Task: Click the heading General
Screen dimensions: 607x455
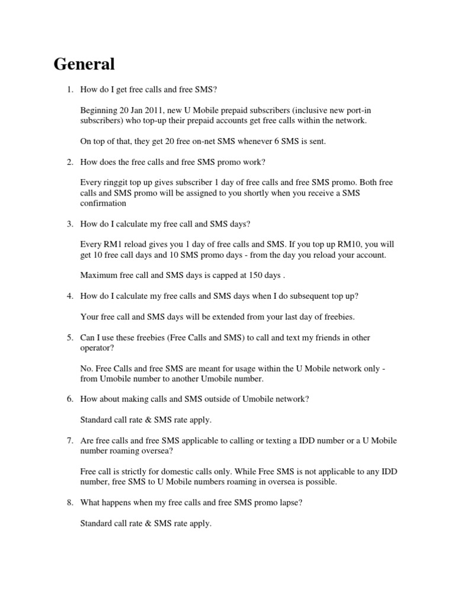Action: tap(84, 63)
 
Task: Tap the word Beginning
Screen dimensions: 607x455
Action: tap(98, 110)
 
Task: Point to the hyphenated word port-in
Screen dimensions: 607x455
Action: tap(360, 110)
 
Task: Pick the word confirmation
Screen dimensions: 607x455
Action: tap(104, 203)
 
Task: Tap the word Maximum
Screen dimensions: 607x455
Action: tap(100, 275)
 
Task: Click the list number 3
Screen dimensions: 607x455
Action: tap(69, 223)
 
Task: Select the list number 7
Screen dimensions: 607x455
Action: tap(69, 440)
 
